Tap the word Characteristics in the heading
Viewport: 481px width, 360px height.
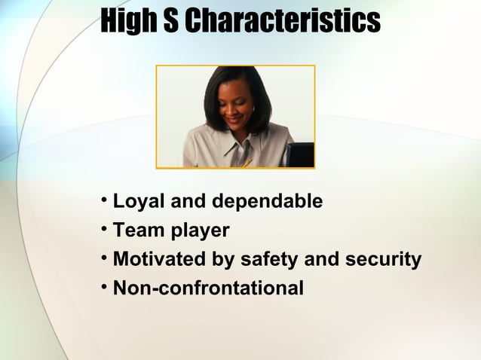(x=282, y=23)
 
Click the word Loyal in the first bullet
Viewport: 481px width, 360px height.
(x=137, y=202)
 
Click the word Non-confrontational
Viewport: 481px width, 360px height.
(x=208, y=288)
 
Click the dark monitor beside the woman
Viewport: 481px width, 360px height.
(x=299, y=154)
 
